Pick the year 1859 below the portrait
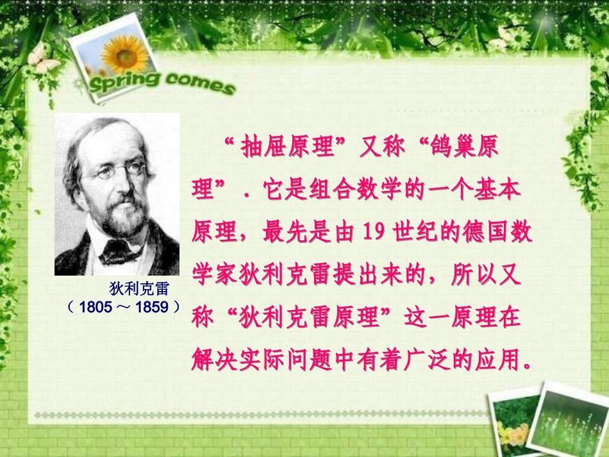coord(152,307)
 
